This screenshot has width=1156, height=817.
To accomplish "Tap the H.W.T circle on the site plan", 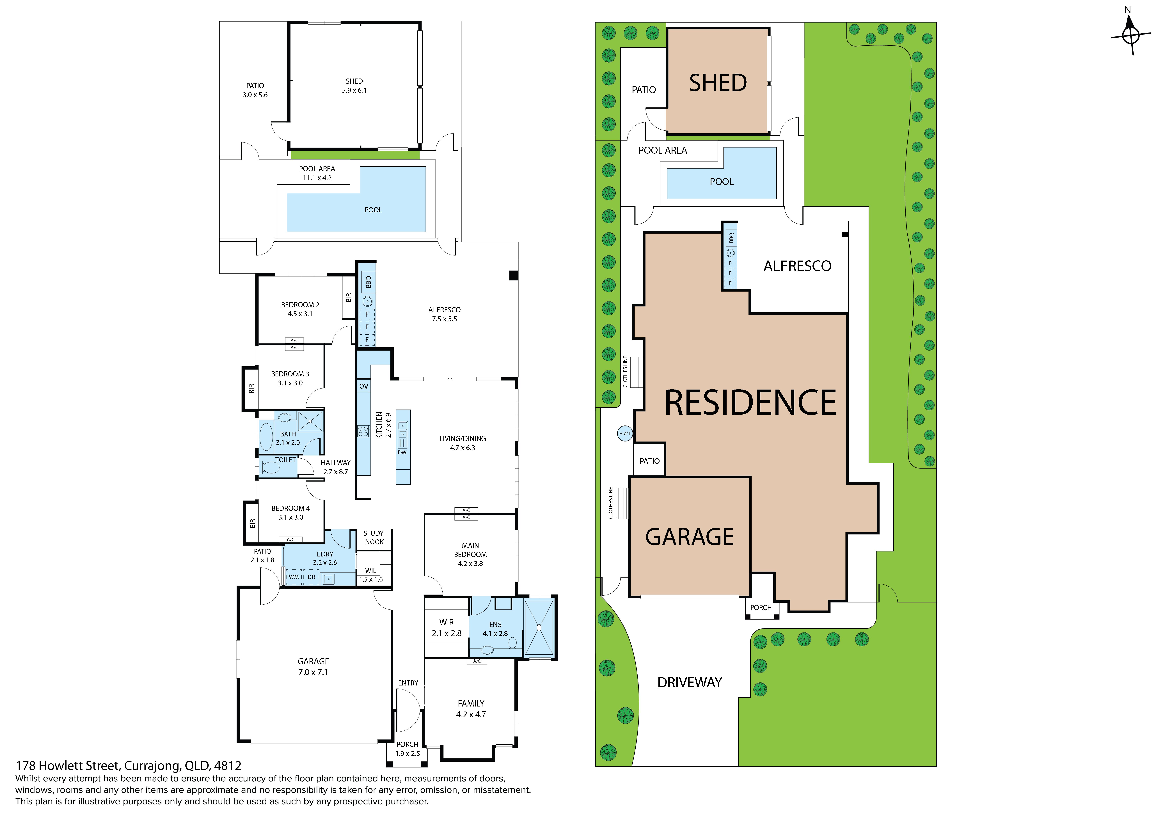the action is point(625,433).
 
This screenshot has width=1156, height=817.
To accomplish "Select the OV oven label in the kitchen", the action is point(363,386).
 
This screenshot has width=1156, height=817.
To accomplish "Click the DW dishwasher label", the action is point(402,452).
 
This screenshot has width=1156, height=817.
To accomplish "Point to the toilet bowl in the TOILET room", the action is point(270,468).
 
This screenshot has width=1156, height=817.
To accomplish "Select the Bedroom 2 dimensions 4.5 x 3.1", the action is point(300,314).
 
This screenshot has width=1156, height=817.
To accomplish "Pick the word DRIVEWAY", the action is point(690,683).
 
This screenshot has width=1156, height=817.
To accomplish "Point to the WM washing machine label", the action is point(294,577).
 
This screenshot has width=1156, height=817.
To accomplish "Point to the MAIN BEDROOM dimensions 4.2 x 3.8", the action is point(470,563).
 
